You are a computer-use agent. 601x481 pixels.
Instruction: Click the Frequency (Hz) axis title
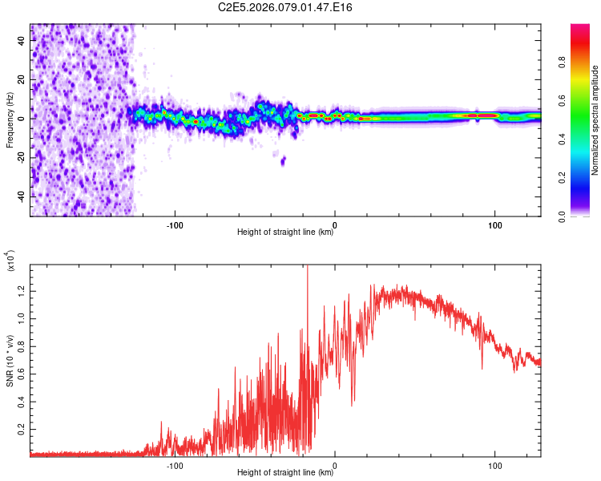click(10, 120)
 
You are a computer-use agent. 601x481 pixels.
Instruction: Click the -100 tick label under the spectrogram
click(175, 224)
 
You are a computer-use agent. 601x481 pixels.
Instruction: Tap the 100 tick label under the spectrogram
click(495, 224)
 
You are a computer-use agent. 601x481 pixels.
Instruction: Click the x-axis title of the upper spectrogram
click(285, 232)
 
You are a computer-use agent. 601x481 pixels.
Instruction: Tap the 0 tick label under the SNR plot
click(335, 465)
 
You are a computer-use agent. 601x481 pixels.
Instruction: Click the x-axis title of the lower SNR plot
click(285, 473)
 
